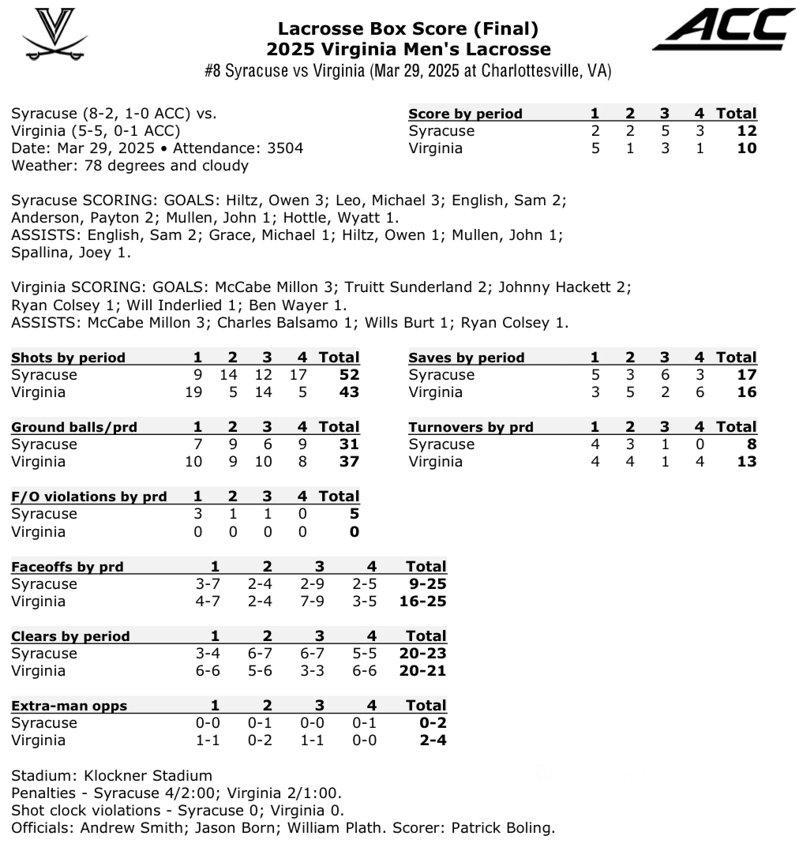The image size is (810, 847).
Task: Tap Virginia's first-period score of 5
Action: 595,148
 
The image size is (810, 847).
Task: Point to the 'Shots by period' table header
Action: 68,358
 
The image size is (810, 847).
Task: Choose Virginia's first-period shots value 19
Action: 193,392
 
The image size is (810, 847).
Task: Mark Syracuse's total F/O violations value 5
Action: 354,514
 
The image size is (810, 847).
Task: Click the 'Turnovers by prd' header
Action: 471,427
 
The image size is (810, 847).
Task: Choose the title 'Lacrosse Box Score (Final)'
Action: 407,29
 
